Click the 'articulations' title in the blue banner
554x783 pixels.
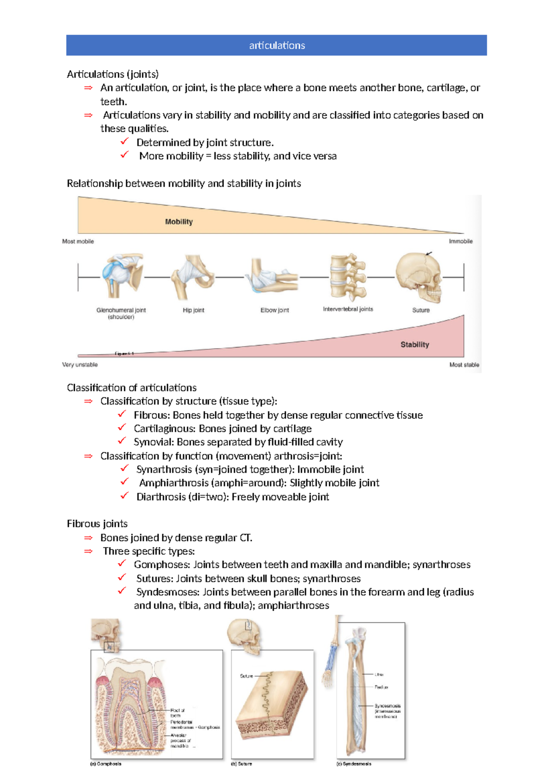pos(277,45)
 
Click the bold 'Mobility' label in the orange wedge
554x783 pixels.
pos(179,222)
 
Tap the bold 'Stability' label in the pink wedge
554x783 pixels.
pos(415,344)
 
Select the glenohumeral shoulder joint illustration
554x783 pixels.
pos(121,276)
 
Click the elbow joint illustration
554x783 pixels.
pos(272,277)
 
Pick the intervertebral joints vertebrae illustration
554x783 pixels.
pos(348,277)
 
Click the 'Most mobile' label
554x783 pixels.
pos(78,241)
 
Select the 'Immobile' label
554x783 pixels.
pos(460,241)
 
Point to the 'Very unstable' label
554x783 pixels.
pos(80,365)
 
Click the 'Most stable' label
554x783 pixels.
pos(464,365)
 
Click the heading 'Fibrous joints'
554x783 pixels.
pos(97,524)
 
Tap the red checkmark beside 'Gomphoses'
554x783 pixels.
pos(122,563)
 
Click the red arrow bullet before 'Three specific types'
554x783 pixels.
pos(88,551)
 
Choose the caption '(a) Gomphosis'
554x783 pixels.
pos(106,764)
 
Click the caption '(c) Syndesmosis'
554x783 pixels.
pos(354,764)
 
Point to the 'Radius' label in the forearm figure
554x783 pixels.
pos(381,687)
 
